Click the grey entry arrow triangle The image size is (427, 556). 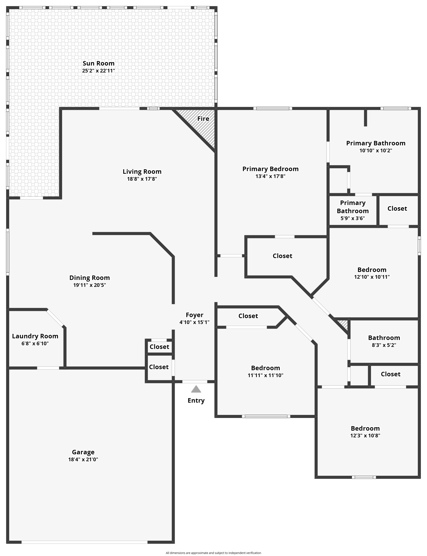(x=196, y=389)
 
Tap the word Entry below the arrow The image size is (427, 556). (x=196, y=401)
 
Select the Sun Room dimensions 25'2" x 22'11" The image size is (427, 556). (x=99, y=71)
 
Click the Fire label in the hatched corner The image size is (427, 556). (x=203, y=119)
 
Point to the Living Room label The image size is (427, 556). (x=142, y=172)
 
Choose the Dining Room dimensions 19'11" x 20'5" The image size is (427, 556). (x=89, y=285)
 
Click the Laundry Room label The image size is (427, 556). (x=35, y=336)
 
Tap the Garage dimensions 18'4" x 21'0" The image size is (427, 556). (x=83, y=459)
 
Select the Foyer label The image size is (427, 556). (x=195, y=315)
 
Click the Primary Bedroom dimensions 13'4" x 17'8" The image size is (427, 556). (x=270, y=176)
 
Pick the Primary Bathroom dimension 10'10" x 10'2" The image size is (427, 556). (x=376, y=150)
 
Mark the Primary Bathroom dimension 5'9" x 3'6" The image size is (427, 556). (x=353, y=218)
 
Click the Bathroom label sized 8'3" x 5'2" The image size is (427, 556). (x=384, y=338)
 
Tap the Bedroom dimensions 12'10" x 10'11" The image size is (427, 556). (x=372, y=277)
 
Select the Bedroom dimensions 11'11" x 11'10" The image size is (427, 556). (x=266, y=375)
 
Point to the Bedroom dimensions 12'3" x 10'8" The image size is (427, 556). (x=365, y=436)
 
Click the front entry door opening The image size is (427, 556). (x=195, y=382)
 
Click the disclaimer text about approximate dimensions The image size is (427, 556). (x=213, y=553)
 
